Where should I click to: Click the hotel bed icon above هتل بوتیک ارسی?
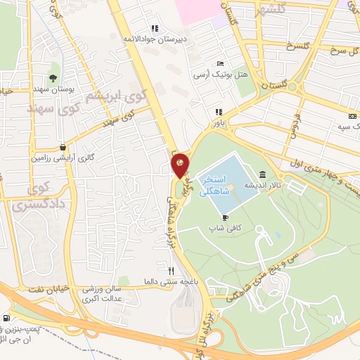click(221, 63)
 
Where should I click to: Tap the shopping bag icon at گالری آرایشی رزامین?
click(64, 148)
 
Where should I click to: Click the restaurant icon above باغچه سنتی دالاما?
click(170, 270)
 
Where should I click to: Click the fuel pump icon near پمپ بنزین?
click(6, 319)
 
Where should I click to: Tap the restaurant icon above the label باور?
click(219, 111)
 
